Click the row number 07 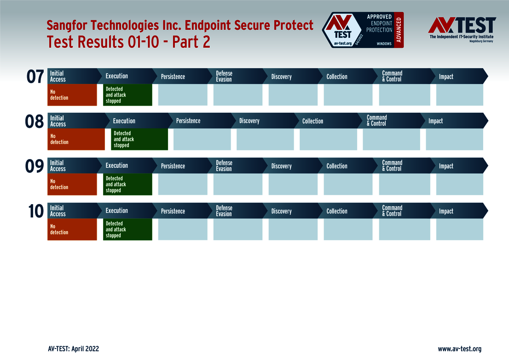point(35,77)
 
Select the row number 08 point(35,121)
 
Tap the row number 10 point(36,211)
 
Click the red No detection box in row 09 point(72,184)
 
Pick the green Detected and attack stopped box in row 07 point(127,95)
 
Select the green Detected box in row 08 point(139,139)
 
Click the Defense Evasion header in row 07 point(224,76)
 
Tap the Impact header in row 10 point(446,211)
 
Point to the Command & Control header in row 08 point(377,120)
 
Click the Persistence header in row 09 point(173,166)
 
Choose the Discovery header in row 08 point(249,121)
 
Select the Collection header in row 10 point(337,211)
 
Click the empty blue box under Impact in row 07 point(460,95)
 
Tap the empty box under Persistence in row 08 point(202,139)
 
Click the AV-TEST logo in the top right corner point(462,29)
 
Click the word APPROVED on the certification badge point(379,17)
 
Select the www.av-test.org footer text point(459,349)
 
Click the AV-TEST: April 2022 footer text point(73,349)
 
